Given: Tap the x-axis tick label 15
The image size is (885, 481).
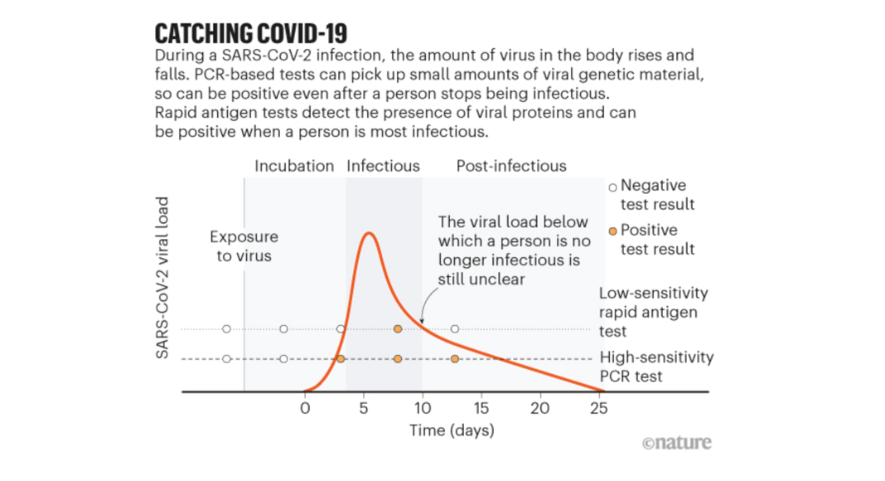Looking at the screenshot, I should tap(481, 408).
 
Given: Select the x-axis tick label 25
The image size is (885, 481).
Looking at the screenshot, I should tap(599, 408).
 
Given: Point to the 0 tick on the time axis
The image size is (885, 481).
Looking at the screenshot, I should tap(304, 408).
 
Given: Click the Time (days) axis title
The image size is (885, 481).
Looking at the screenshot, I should tap(452, 430).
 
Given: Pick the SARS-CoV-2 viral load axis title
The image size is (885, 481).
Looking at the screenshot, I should tap(162, 278).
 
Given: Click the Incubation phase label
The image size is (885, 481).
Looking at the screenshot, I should tap(294, 166).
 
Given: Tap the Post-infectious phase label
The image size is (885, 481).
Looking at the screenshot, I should tap(511, 166).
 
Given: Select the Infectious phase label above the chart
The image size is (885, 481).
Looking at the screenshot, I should tap(383, 166).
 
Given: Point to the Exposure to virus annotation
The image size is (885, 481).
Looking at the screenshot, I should tap(244, 246).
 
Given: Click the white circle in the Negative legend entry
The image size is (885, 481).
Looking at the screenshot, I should tap(613, 187).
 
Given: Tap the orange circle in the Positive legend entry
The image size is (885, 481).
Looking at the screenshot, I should tap(613, 231).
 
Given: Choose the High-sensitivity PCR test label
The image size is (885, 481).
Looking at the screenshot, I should tap(656, 367).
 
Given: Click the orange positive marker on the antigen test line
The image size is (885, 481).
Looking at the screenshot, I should tap(398, 329).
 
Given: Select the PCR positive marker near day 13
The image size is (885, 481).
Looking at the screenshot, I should tap(455, 359).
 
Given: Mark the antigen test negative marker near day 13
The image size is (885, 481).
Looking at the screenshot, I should tap(455, 329).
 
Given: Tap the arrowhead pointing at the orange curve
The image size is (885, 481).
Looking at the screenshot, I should tap(421, 323).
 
